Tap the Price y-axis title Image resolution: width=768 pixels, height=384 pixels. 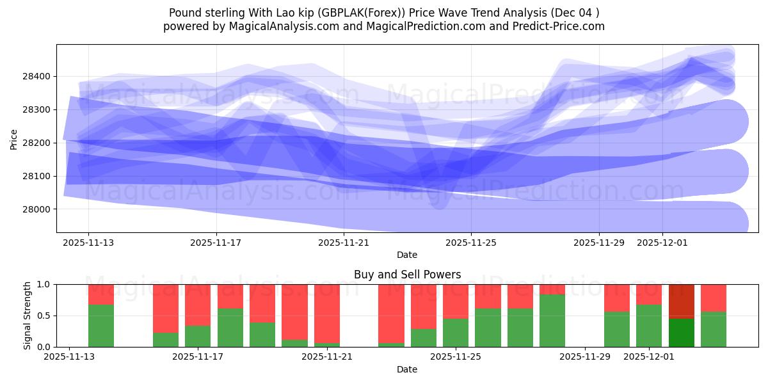coord(14,138)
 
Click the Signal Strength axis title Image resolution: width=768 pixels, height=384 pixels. coord(27,316)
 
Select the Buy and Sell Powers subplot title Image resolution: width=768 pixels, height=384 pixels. coord(407,275)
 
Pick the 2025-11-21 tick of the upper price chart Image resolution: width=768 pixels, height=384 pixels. coord(344,243)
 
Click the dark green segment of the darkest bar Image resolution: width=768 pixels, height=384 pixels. coord(682,332)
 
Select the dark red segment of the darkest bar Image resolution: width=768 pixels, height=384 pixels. coord(682,301)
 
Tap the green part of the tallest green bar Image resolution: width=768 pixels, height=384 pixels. coord(552,320)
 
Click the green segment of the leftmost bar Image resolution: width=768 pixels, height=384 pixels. coord(101,326)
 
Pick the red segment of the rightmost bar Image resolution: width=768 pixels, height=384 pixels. coord(714,298)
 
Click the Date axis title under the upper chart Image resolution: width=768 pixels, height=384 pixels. coord(407,255)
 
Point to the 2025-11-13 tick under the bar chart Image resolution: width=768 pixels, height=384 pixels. coord(70,357)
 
